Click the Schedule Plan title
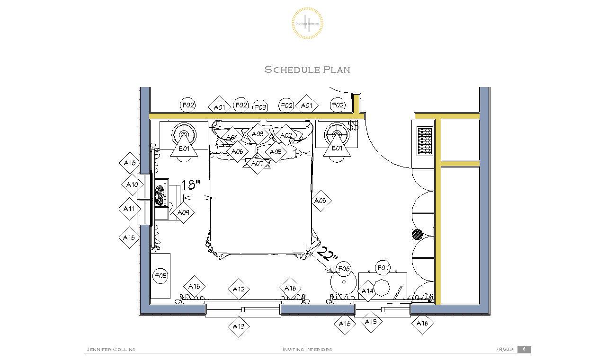[307, 70]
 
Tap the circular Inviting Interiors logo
[308, 23]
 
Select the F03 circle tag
[260, 107]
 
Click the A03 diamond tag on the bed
[257, 134]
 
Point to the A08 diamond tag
[321, 201]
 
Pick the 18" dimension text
[191, 184]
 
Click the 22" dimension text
[327, 254]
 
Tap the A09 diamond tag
[183, 212]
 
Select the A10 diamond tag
[132, 184]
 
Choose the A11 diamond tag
[129, 209]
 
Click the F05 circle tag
[160, 275]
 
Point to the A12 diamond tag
[239, 289]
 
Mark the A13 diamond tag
[239, 326]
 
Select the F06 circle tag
[343, 269]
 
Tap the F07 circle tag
[383, 268]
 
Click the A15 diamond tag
[371, 322]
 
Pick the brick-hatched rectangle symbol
[425, 141]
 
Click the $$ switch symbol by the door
[353, 126]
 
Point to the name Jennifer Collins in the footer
[111, 350]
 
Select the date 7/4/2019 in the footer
[504, 350]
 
